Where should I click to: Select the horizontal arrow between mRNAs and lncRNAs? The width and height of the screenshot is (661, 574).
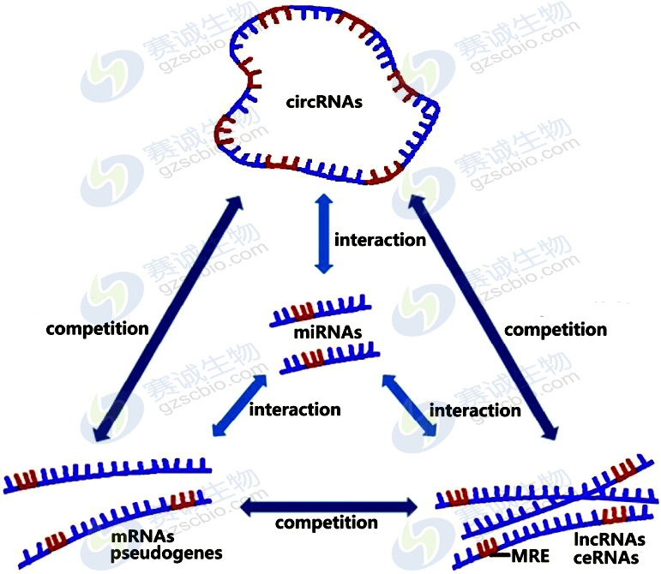coord(328,506)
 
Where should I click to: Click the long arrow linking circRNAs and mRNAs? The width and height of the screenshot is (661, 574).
coord(164,317)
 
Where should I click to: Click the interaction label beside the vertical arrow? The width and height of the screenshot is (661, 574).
coord(380,240)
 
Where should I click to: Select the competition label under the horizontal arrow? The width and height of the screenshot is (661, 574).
coord(326,523)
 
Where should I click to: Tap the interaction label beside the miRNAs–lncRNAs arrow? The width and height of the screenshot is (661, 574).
coord(474,410)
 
